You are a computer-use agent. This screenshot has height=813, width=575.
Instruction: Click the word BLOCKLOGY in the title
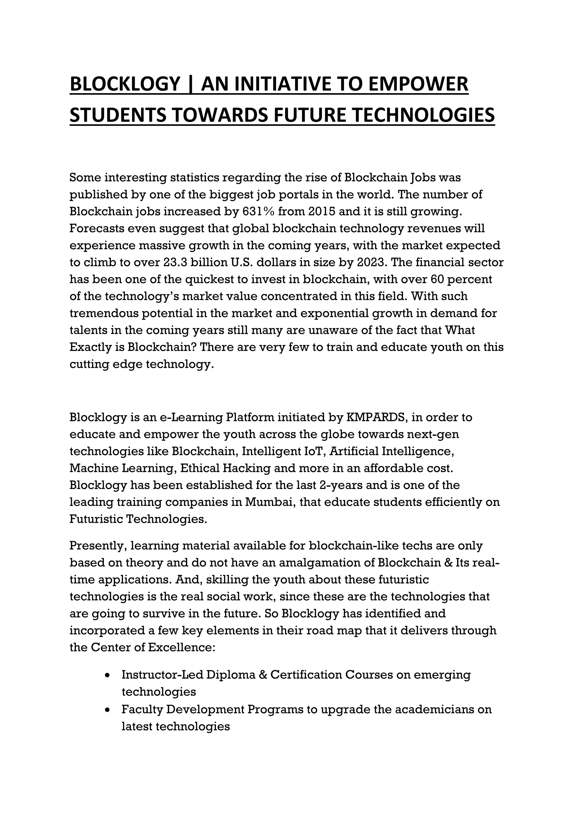pos(125,84)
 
